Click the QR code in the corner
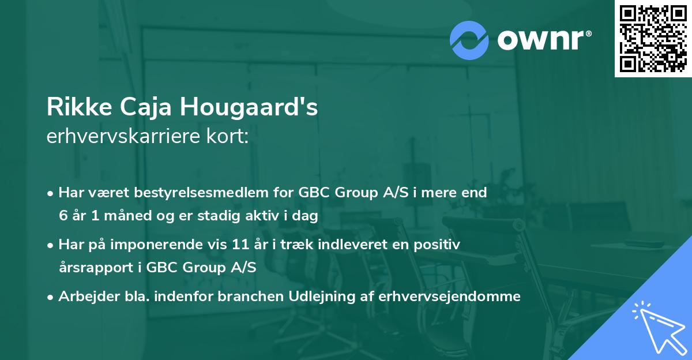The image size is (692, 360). click(653, 39)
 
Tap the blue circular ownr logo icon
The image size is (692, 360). click(469, 40)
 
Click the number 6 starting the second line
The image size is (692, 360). click(62, 215)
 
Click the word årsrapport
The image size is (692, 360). click(92, 268)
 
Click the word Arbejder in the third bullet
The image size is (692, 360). click(85, 297)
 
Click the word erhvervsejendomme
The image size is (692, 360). click(450, 297)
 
